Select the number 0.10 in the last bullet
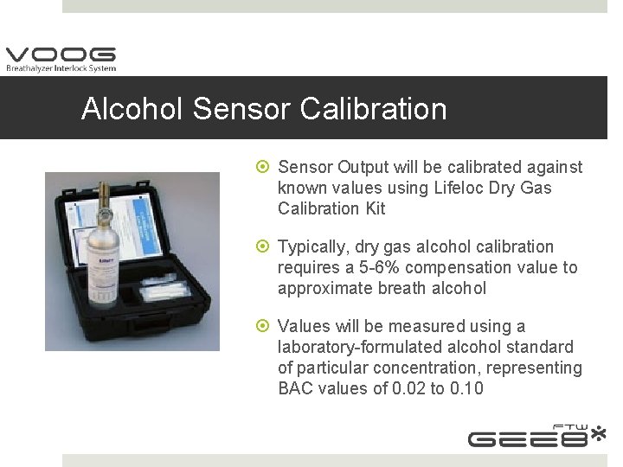(x=466, y=388)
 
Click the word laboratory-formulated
(x=354, y=347)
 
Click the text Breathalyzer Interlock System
(x=61, y=68)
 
